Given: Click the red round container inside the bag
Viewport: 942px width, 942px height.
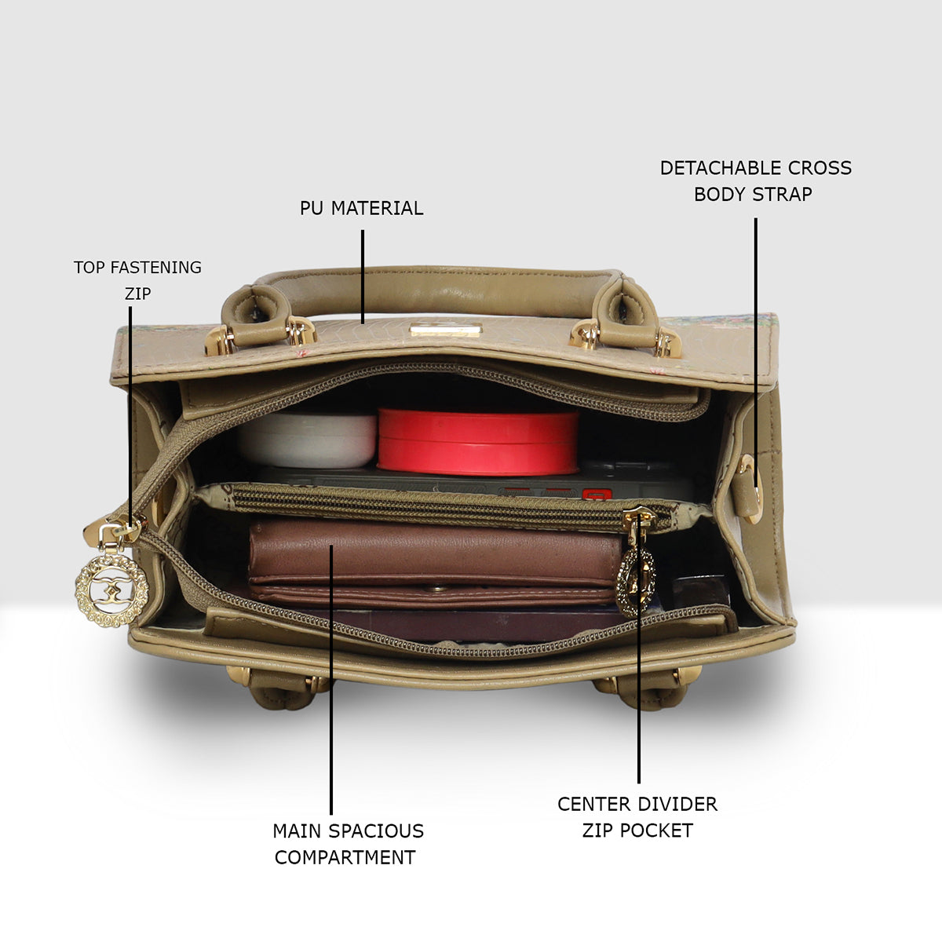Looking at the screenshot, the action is point(477,443).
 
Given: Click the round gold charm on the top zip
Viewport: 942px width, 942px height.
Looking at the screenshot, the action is point(111,590).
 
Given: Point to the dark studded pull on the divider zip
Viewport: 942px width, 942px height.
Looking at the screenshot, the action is point(636,581).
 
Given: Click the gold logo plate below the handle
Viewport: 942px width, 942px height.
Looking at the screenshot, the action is point(445,330).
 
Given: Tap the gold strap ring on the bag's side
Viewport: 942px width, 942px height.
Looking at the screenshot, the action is point(751,489).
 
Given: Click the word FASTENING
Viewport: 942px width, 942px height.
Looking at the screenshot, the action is point(156,268).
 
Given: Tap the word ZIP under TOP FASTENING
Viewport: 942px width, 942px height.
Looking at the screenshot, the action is point(138,294).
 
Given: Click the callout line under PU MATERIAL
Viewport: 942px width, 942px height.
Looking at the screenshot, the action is point(363,276).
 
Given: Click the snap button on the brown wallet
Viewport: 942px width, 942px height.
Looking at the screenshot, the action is point(431,589).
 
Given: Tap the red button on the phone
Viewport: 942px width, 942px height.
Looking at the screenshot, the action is point(596,495).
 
